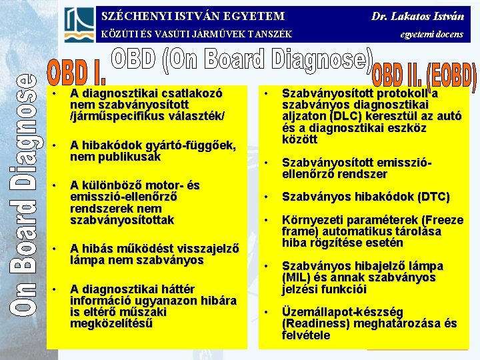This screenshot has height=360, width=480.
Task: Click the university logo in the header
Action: [x=79, y=25]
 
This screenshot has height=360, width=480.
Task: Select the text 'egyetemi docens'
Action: [x=431, y=34]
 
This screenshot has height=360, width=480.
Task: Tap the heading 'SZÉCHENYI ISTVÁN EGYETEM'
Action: [x=193, y=15]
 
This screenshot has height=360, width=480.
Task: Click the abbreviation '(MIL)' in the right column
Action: [x=297, y=277]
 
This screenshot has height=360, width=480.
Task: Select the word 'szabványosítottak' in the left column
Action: [x=122, y=219]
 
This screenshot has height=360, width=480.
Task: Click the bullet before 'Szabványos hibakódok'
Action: [x=266, y=197]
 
